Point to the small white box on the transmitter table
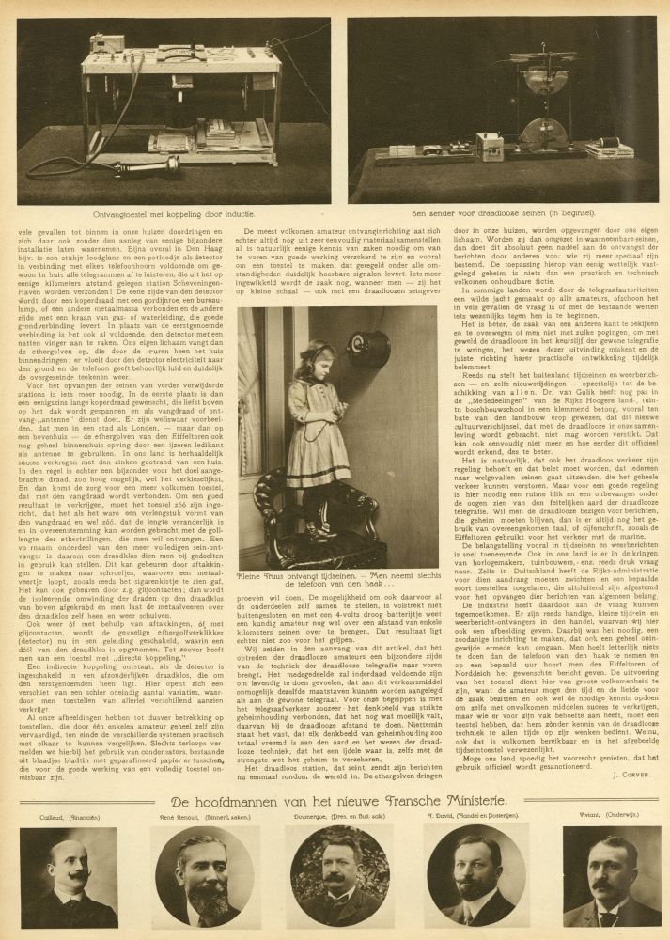(490, 147)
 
